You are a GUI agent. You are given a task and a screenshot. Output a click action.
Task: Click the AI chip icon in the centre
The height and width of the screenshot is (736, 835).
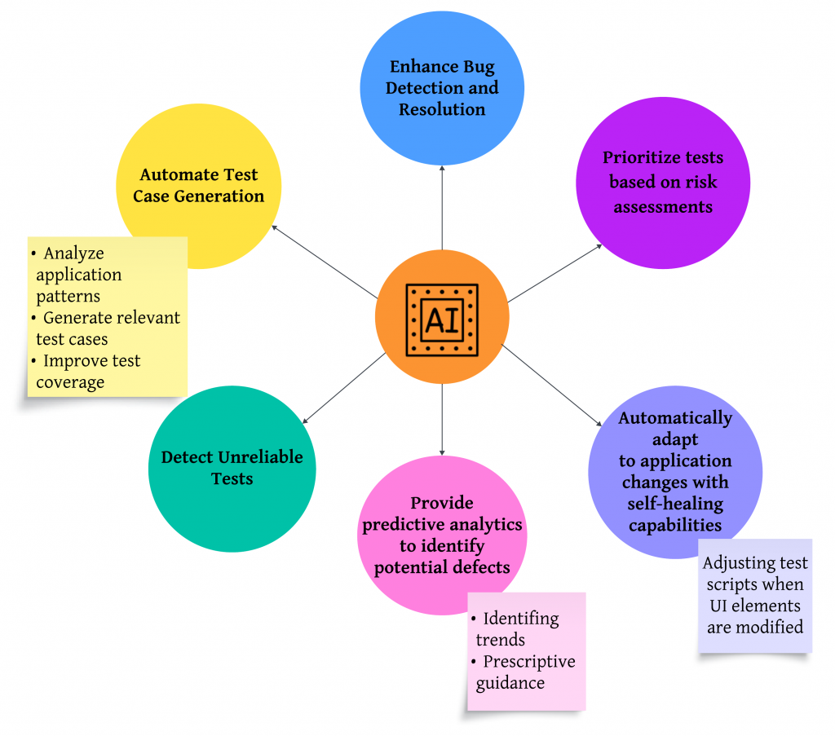[x=442, y=320]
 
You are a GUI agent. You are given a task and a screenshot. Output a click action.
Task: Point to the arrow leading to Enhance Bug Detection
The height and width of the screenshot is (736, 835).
[x=442, y=208]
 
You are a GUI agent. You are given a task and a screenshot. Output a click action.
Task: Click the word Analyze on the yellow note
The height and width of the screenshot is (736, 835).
[x=73, y=253]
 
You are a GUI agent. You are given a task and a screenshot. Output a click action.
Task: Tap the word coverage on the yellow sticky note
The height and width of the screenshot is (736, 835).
[x=70, y=381]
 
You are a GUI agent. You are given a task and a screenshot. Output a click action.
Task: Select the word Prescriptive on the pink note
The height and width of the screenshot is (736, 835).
[x=529, y=661]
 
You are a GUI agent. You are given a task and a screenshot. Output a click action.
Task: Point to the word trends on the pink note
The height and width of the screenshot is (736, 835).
[x=500, y=639]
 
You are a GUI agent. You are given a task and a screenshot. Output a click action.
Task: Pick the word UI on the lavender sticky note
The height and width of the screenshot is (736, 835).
[x=719, y=606]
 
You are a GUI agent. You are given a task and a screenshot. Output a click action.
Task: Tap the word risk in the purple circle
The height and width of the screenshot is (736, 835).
[x=701, y=182]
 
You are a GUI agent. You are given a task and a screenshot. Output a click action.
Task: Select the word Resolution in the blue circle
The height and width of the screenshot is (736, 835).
[x=442, y=108]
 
